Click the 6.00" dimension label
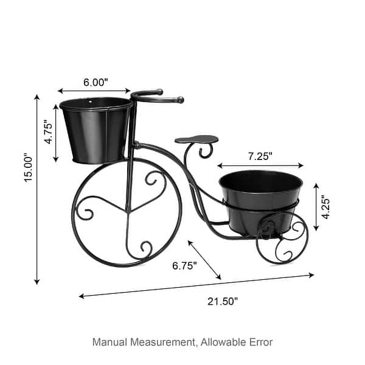(95, 82)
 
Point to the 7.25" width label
(260, 156)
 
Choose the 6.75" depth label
(184, 266)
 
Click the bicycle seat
(196, 139)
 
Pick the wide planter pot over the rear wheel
(260, 201)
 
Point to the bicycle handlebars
(156, 96)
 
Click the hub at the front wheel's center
(128, 211)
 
